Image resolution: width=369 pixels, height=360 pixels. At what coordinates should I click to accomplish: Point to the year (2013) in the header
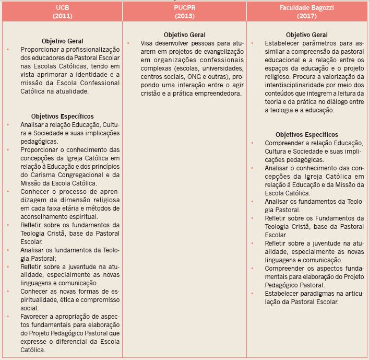(x=184, y=16)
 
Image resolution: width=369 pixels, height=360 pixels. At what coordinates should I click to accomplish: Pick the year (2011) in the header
(x=62, y=16)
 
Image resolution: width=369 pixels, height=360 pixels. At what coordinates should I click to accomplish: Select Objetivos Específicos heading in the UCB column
(x=62, y=117)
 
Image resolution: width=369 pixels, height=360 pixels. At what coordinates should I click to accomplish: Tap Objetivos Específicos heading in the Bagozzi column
(x=306, y=135)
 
